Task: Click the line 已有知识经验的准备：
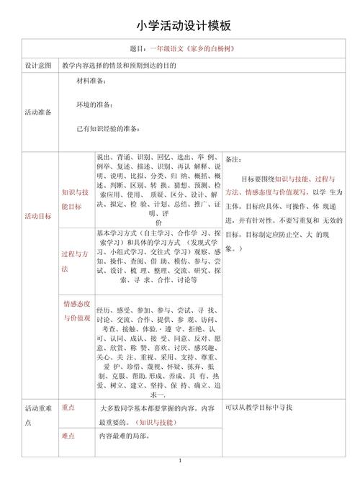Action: (x=108, y=129)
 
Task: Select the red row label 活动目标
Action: (x=38, y=216)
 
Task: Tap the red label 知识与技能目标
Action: (x=75, y=199)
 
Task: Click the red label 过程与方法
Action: (x=75, y=261)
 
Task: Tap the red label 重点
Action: (x=69, y=408)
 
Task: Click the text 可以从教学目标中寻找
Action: (x=259, y=408)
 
